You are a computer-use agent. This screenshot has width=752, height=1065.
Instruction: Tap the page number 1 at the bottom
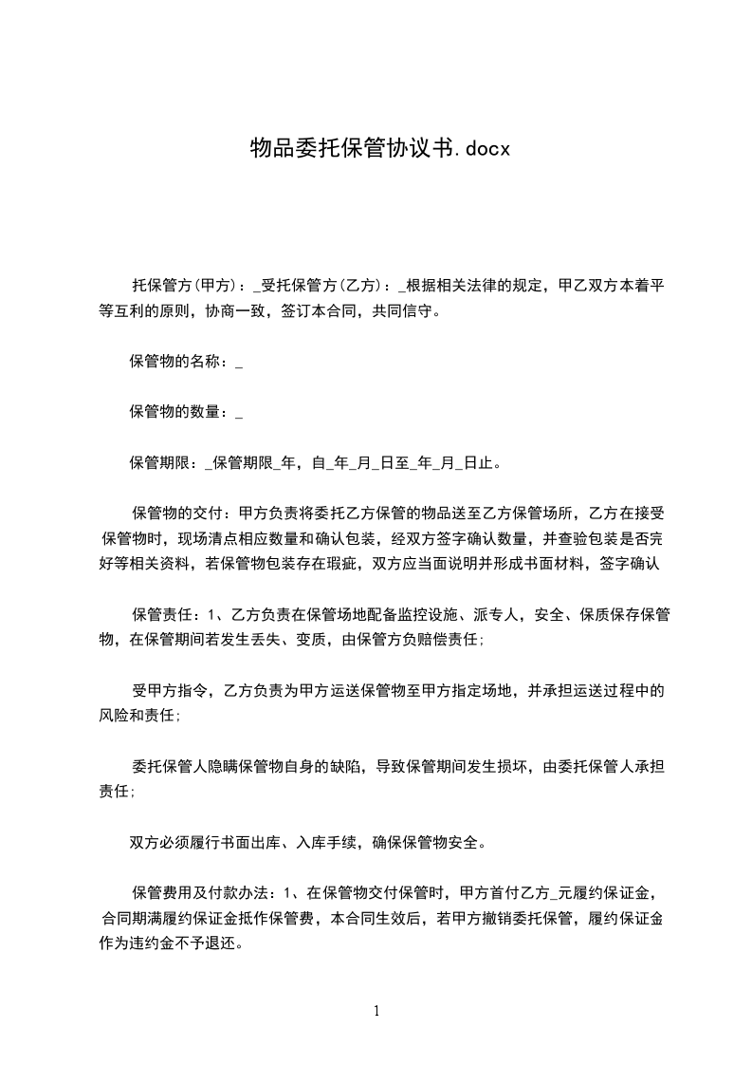pos(376,1011)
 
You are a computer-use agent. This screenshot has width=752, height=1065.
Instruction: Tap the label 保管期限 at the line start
pos(158,463)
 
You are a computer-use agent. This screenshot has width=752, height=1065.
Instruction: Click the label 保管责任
pos(162,615)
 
